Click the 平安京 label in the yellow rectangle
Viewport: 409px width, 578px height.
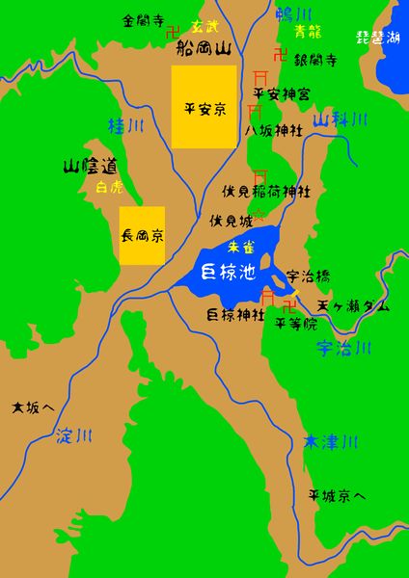(x=204, y=108)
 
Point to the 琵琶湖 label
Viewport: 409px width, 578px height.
(x=378, y=39)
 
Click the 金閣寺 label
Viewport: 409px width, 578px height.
(x=142, y=19)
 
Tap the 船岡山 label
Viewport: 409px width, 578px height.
(x=198, y=46)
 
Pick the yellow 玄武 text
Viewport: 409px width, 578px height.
(x=204, y=26)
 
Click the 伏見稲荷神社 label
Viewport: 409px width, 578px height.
(x=266, y=192)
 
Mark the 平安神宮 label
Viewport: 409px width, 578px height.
(x=282, y=93)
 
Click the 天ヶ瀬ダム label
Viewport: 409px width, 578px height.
(x=354, y=305)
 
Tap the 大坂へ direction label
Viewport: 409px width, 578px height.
(x=33, y=407)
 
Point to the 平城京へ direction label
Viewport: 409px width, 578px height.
(x=337, y=496)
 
